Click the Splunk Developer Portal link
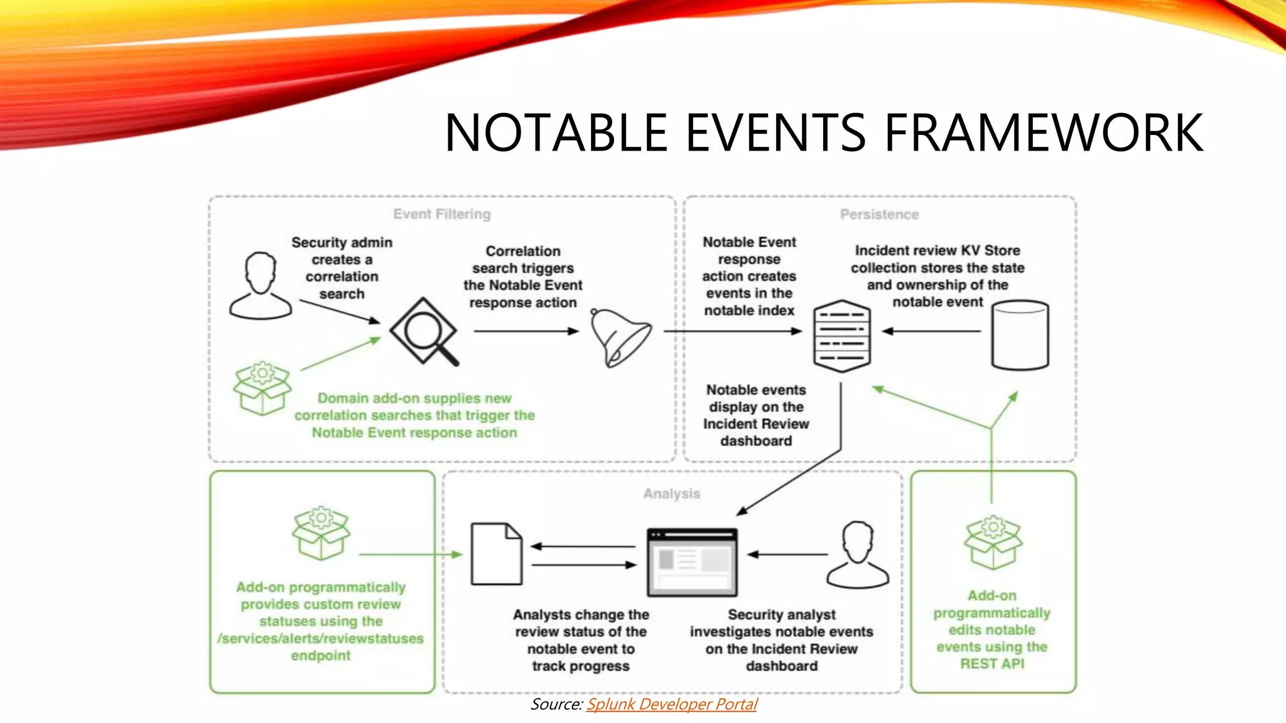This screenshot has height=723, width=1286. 671,704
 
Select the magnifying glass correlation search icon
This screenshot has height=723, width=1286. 424,331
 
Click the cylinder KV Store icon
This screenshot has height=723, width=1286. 1020,335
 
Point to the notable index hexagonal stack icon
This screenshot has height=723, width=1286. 841,336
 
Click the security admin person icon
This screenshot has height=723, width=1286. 261,286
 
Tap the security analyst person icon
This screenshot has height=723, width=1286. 858,555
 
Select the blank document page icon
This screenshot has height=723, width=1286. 496,554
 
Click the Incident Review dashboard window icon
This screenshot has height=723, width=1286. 692,562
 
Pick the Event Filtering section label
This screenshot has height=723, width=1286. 442,214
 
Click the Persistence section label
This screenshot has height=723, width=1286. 879,215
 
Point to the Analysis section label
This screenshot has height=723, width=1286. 671,494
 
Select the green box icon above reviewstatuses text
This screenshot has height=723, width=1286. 321,533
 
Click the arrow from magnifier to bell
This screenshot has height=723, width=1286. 526,331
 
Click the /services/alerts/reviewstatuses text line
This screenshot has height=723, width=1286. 320,638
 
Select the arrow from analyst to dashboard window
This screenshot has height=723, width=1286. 787,554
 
